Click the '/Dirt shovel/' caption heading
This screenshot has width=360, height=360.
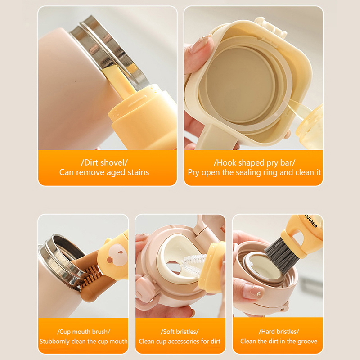[104, 163]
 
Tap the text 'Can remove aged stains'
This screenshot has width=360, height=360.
[104, 172]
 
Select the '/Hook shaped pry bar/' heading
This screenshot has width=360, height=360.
[254, 163]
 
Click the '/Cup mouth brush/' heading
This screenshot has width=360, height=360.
[83, 332]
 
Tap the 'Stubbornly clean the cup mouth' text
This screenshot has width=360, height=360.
[83, 342]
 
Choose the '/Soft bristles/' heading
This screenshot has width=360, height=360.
[180, 332]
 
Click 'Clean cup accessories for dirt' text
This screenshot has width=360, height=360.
[180, 342]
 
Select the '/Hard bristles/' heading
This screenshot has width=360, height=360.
[279, 332]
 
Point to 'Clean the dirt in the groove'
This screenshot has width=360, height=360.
[279, 342]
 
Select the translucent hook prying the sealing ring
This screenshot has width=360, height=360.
[298, 109]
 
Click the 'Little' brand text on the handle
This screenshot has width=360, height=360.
[311, 221]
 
